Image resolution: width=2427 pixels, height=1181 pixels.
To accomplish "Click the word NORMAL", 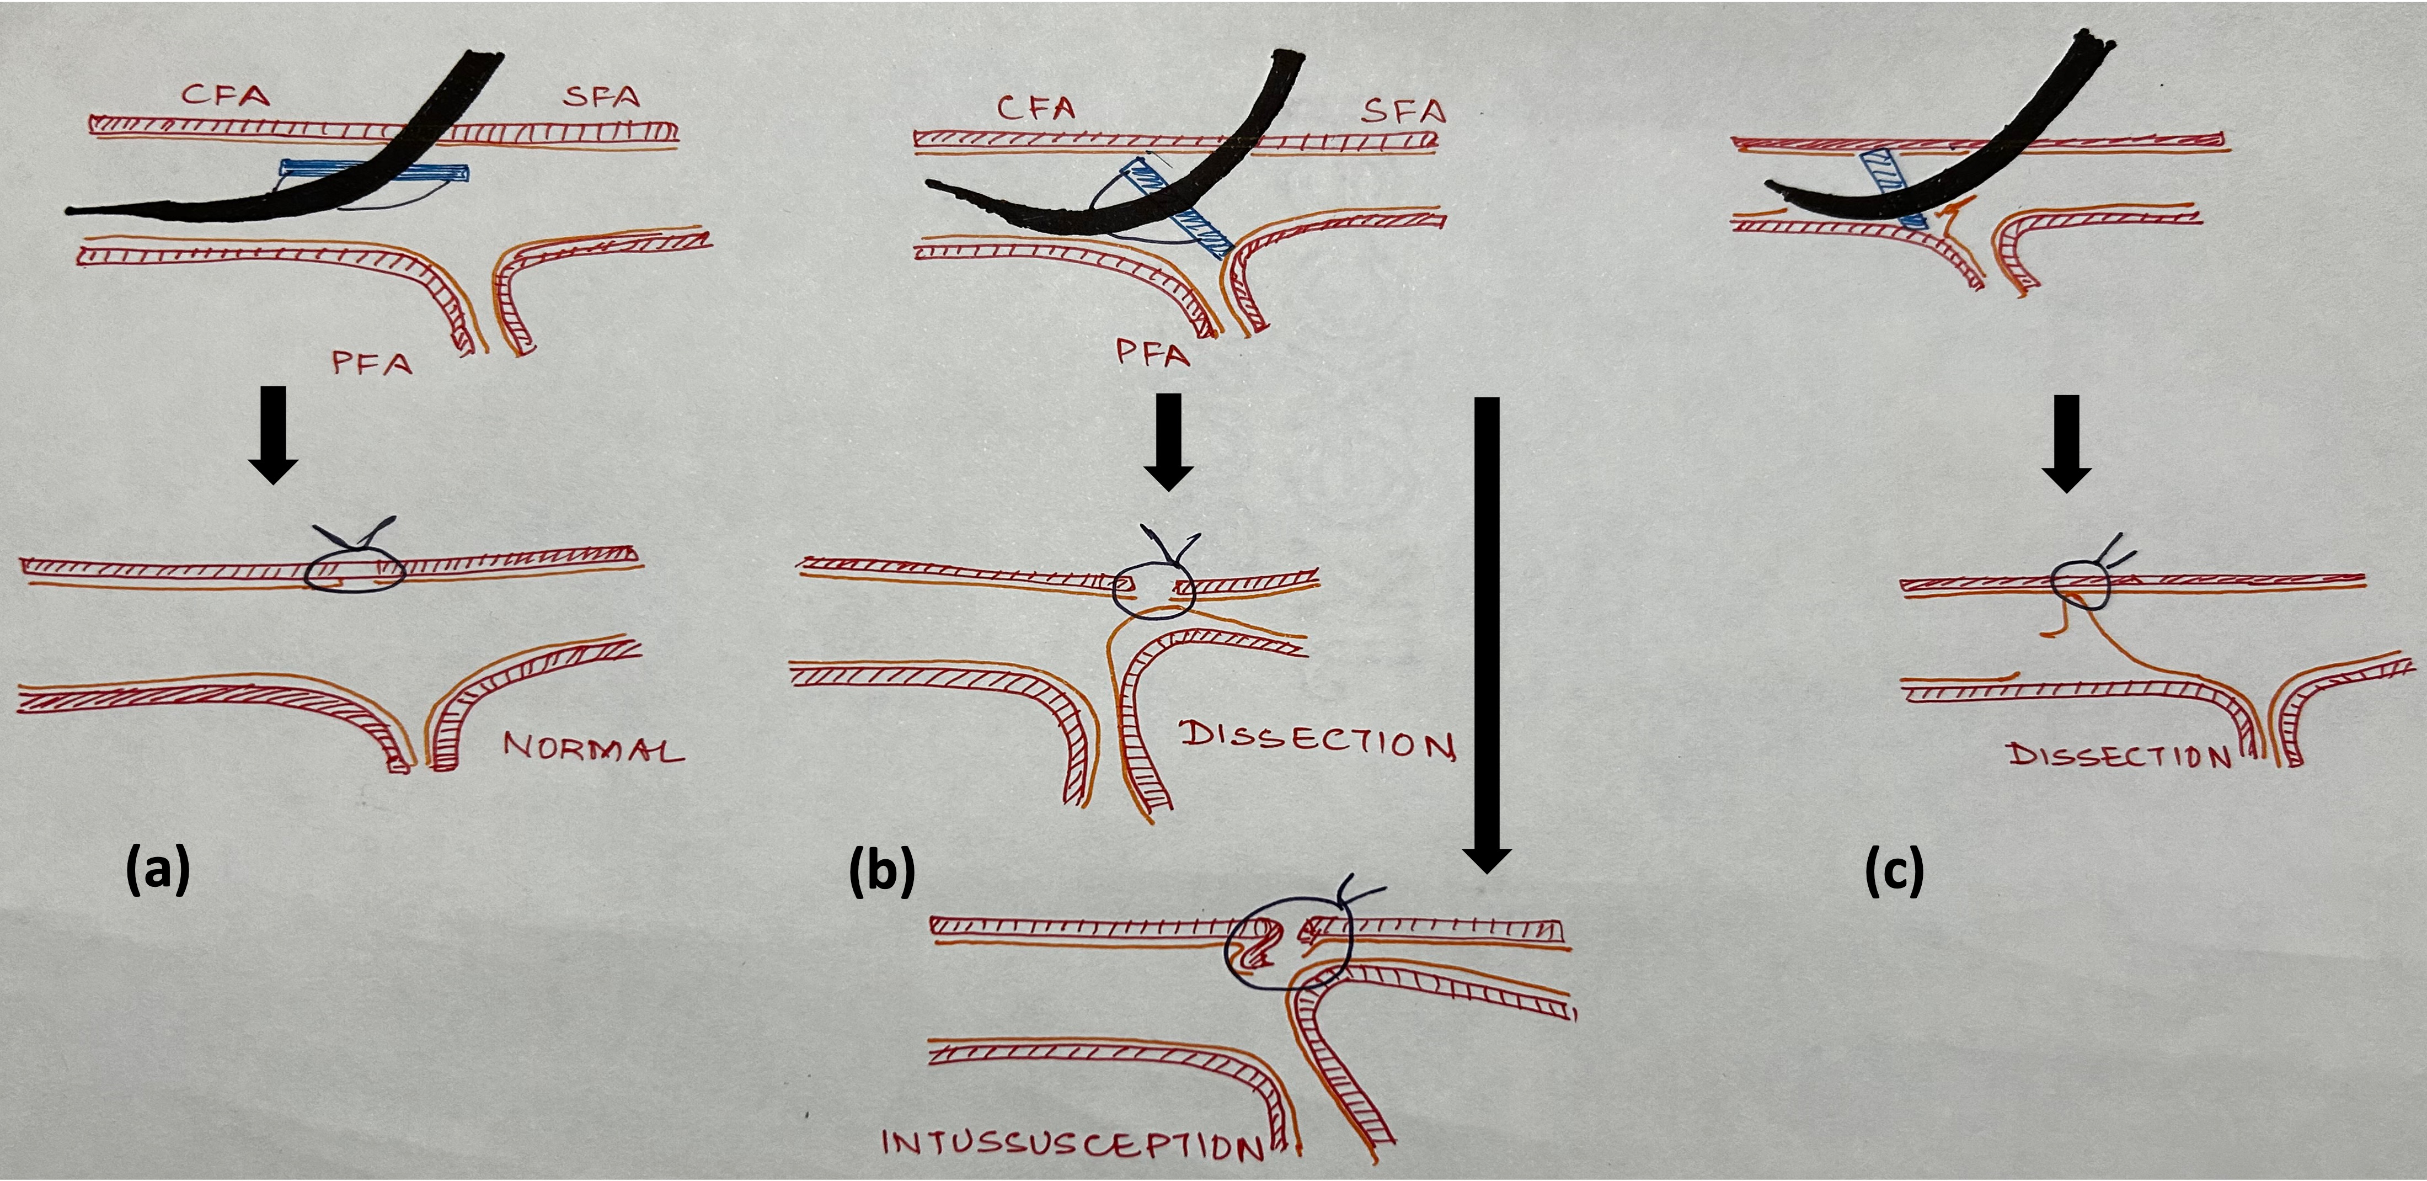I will pos(594,749).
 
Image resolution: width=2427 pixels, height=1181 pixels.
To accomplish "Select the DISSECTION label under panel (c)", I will pos(2120,756).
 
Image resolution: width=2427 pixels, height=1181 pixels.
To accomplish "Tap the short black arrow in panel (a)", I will pos(272,434).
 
